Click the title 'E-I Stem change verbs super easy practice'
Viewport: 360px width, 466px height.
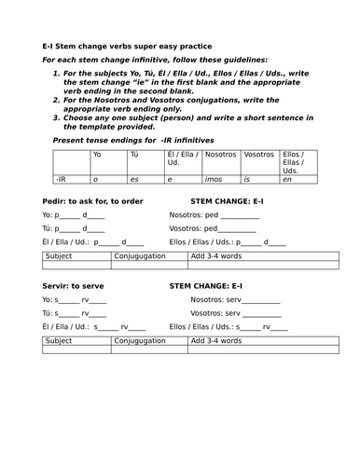(128, 45)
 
